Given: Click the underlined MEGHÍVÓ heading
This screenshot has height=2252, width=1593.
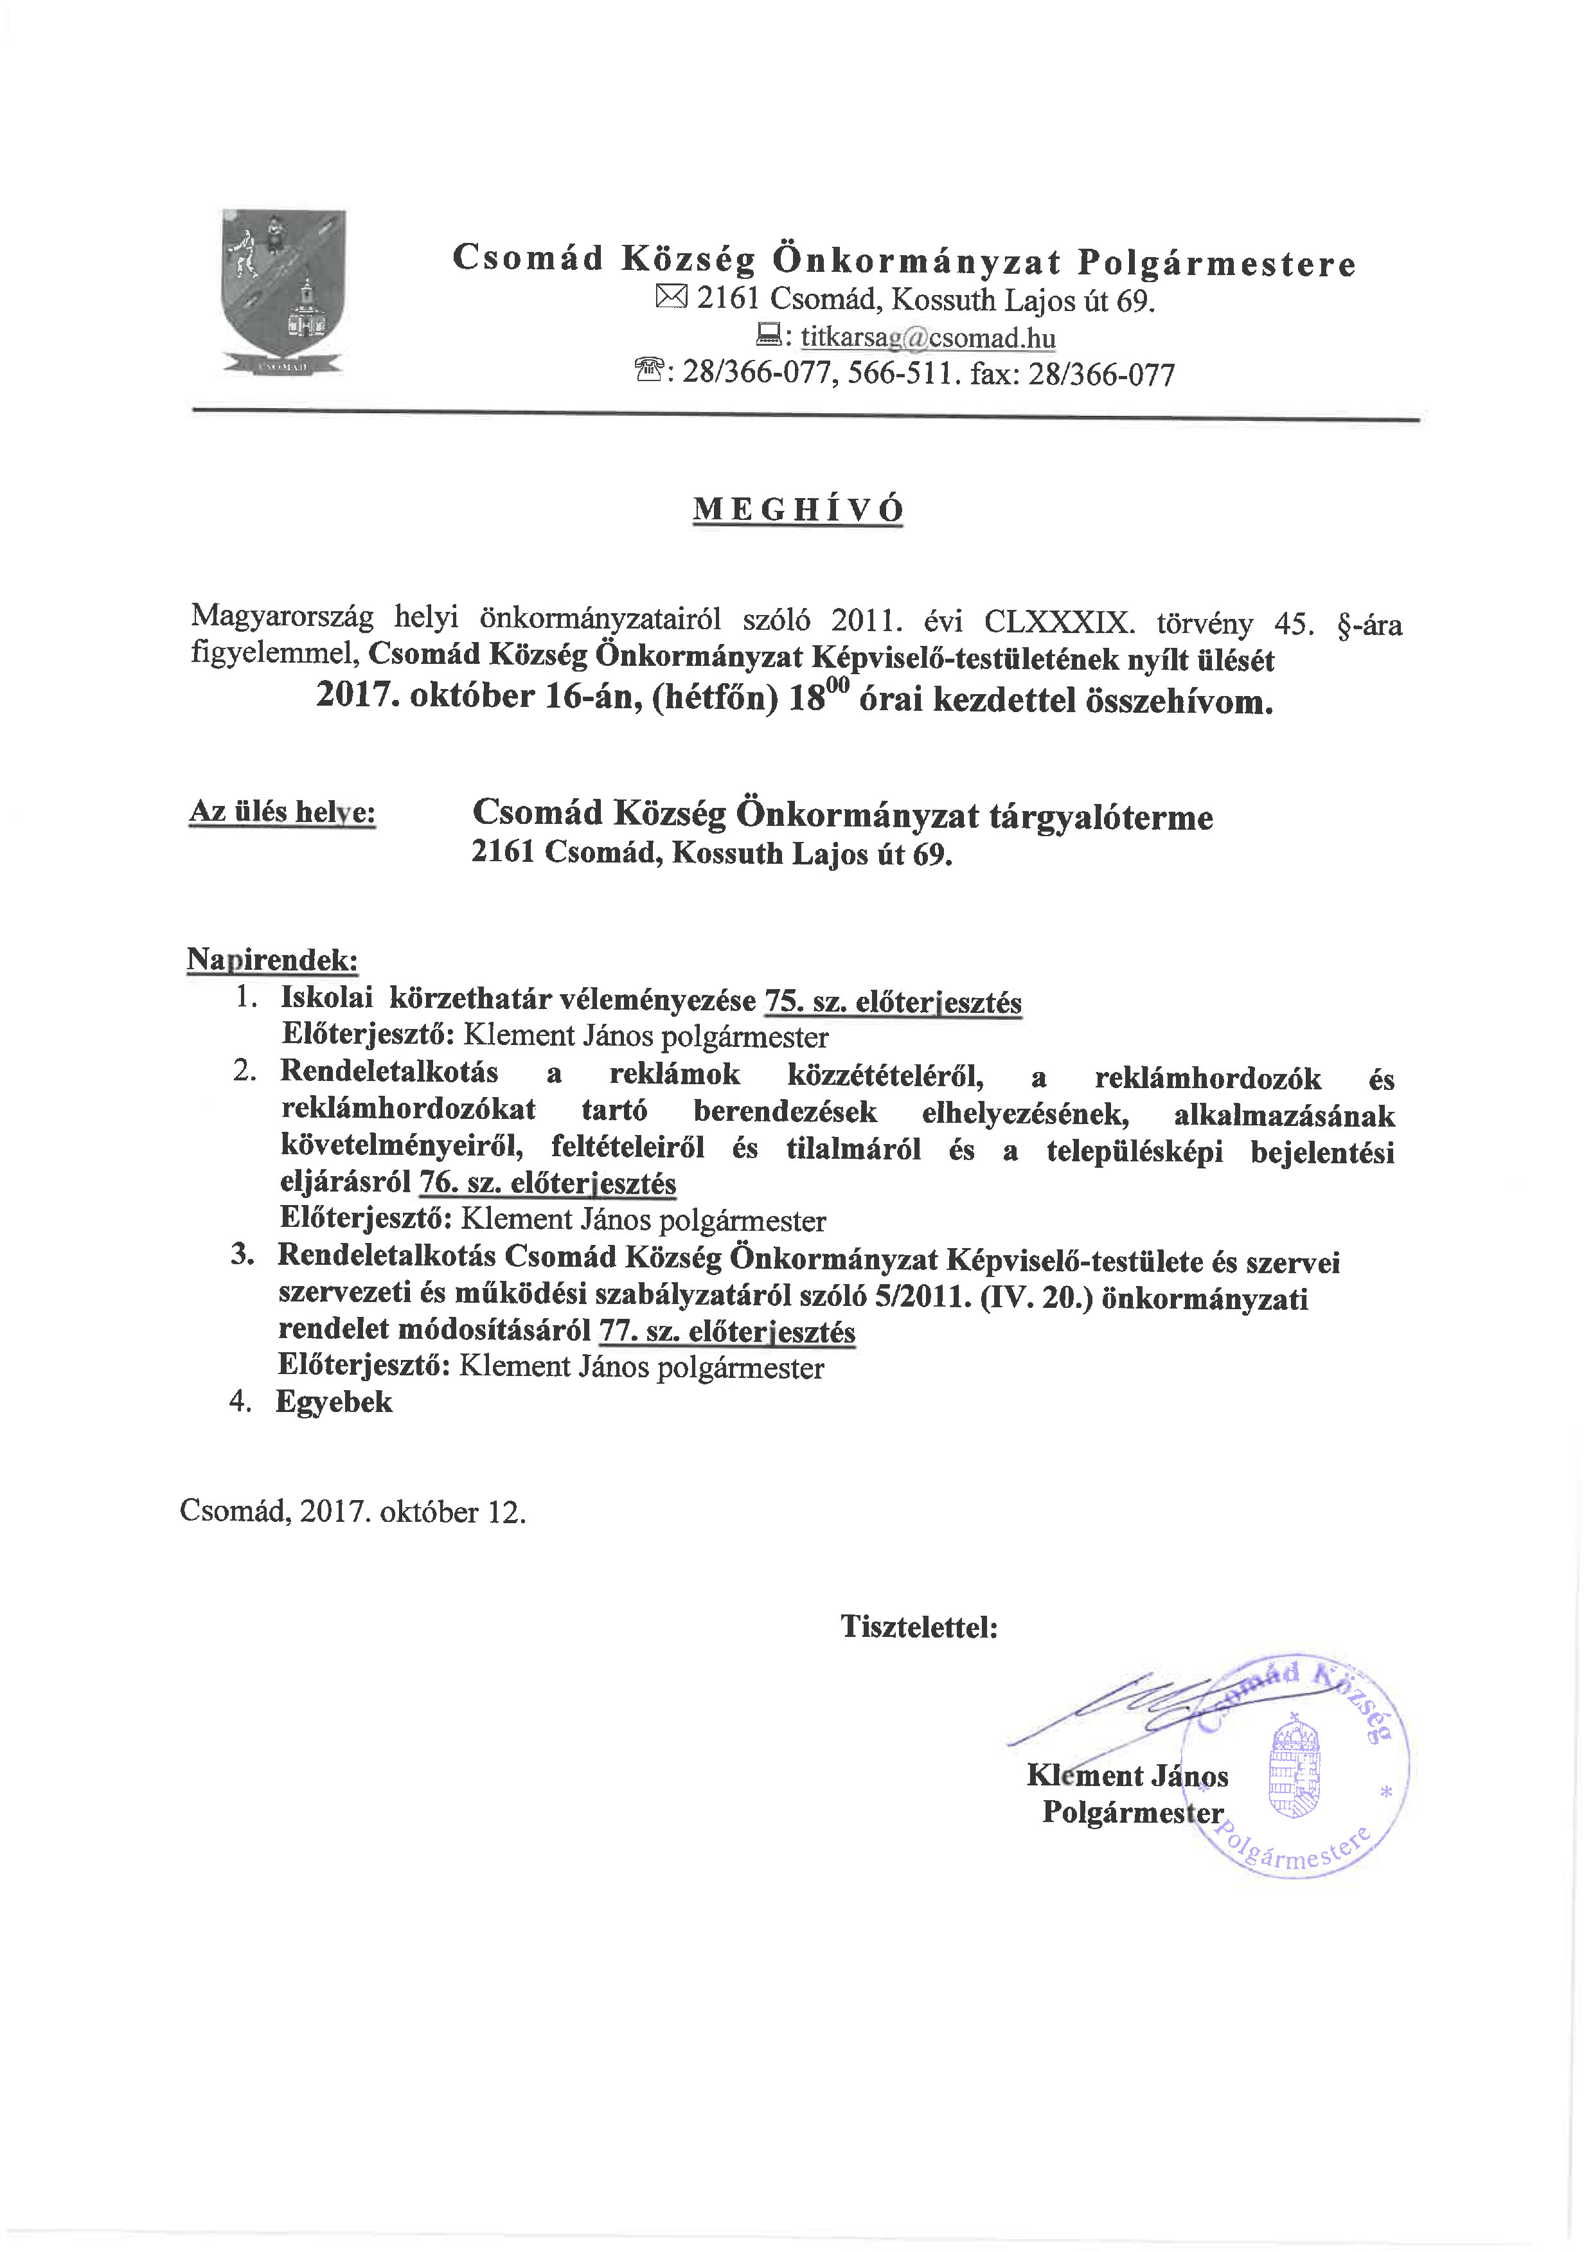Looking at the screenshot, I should click(x=797, y=510).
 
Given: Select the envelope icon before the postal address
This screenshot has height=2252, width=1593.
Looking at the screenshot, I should click(x=672, y=297).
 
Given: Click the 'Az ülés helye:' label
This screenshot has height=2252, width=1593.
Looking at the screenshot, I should click(x=283, y=812).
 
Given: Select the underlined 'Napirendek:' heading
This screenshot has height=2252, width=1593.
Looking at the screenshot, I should click(x=272, y=958).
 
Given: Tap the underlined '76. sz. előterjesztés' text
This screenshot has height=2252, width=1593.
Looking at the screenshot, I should click(x=548, y=1184).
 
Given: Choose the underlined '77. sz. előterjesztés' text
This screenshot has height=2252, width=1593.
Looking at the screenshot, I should click(x=728, y=1332).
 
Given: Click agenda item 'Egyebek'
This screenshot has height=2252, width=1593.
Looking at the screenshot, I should click(x=334, y=1402).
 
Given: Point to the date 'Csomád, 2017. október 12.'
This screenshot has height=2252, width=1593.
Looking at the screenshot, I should click(x=353, y=1512).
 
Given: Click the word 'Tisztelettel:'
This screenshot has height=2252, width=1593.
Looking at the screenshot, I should click(x=919, y=1627).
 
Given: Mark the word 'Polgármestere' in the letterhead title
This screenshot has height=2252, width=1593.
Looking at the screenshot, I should click(x=1216, y=263).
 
